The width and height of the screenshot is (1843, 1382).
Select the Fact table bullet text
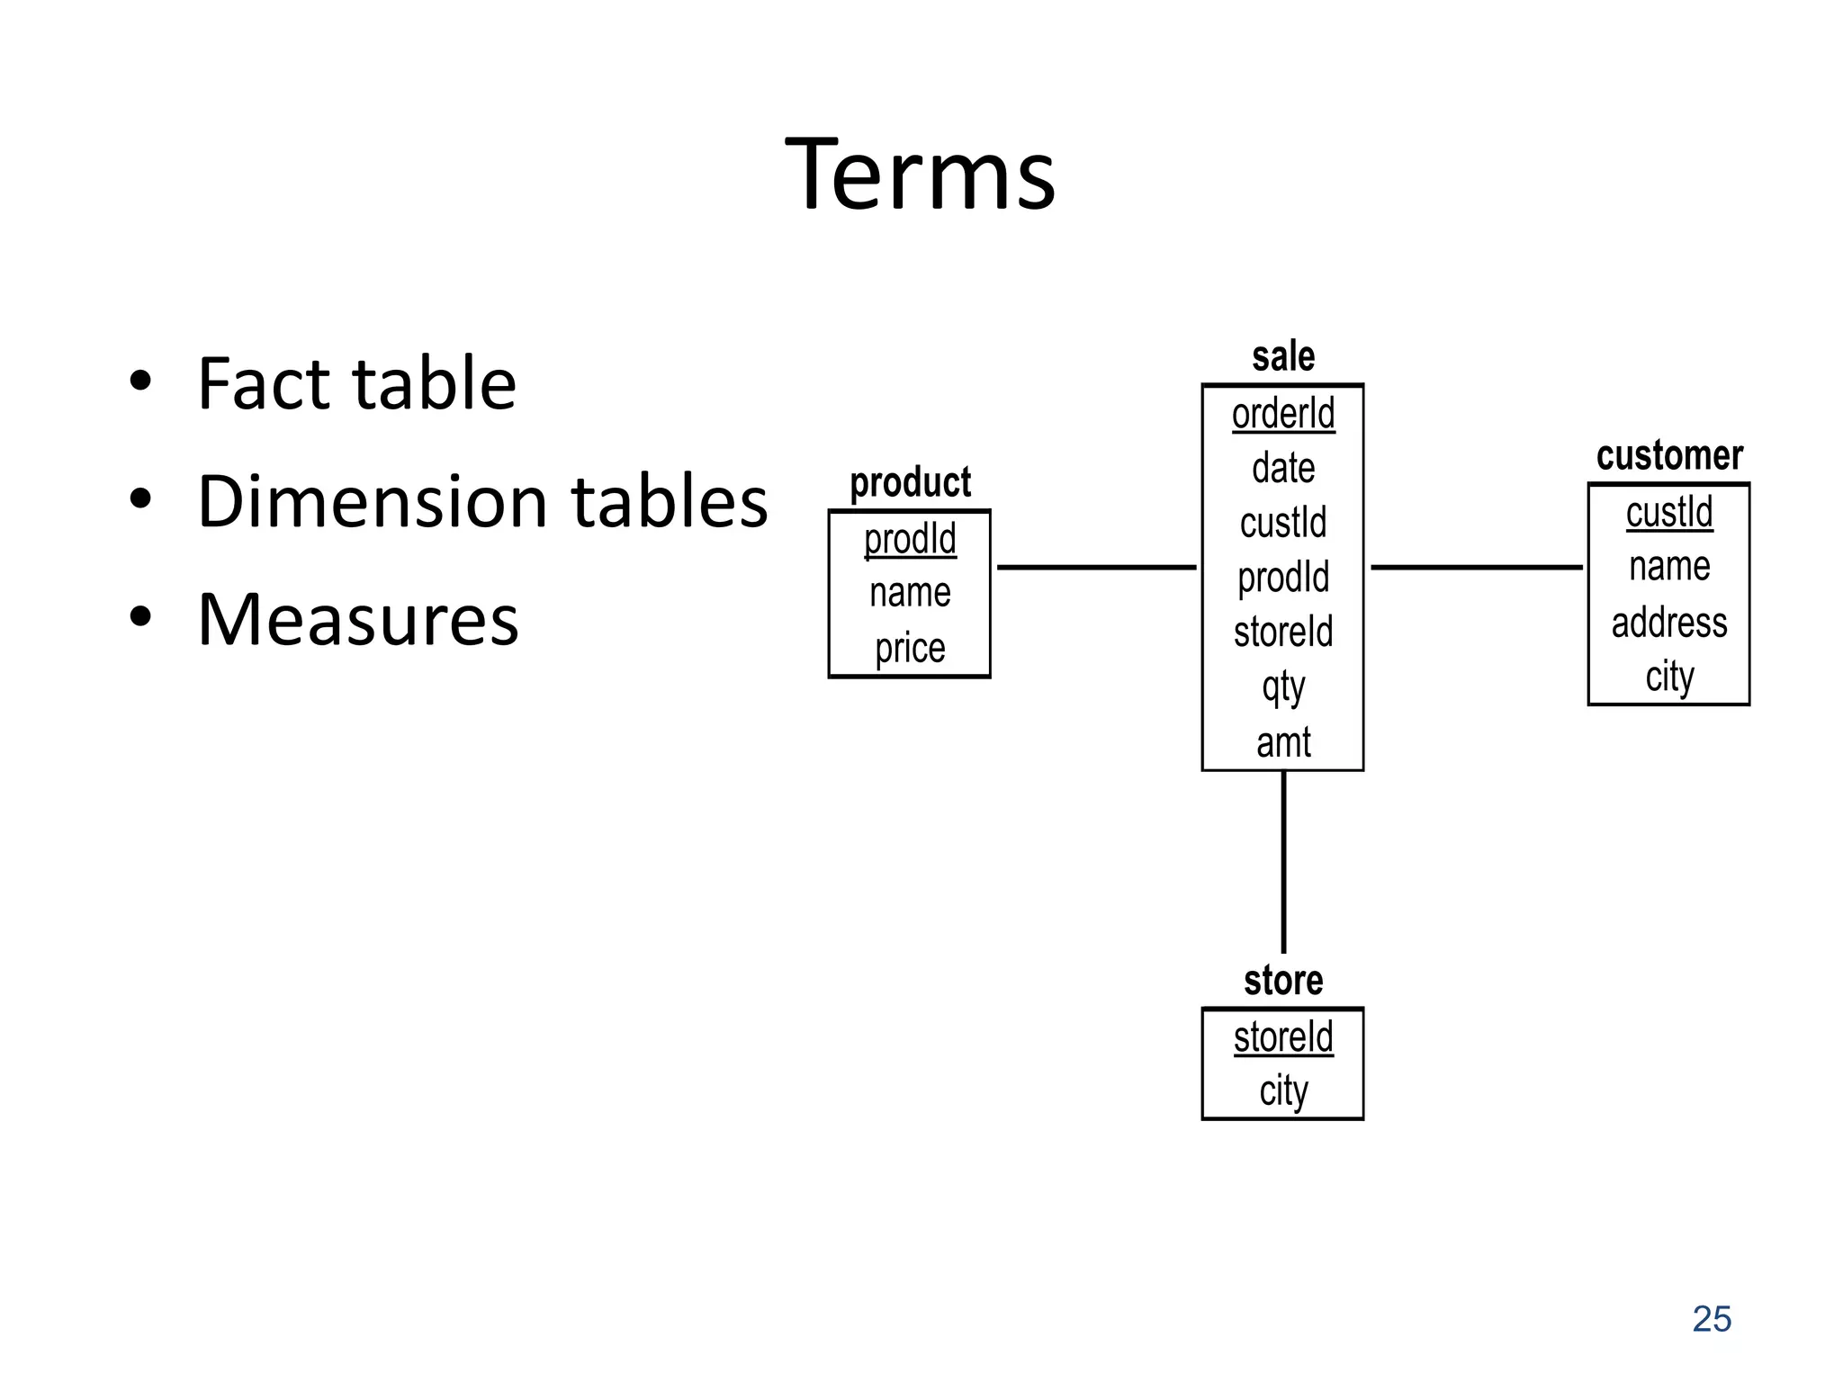pos(356,383)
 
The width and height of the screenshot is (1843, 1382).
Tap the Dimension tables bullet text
pos(482,501)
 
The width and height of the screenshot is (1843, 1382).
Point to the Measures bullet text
pos(358,619)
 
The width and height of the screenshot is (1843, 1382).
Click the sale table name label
pos(1283,357)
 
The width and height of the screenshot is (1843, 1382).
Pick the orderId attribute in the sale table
pos(1283,415)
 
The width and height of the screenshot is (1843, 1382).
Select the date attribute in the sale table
pos(1283,469)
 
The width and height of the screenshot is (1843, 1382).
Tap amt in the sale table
pos(1283,743)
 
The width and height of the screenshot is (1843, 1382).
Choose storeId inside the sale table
pos(1283,633)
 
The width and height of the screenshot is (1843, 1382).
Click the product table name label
pos(910,482)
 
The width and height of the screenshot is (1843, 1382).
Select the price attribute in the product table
pos(910,648)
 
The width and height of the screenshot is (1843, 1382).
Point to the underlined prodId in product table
pos(910,539)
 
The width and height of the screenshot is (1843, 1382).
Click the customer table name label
pos(1669,455)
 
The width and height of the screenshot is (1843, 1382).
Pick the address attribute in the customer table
pos(1669,623)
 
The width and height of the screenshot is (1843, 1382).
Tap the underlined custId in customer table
pos(1669,513)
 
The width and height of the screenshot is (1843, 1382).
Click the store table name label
pos(1283,980)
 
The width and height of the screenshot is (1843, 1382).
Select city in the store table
pos(1283,1091)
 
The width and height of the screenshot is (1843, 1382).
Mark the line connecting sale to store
pos(1283,862)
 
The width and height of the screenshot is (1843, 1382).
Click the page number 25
pos(1712,1319)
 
